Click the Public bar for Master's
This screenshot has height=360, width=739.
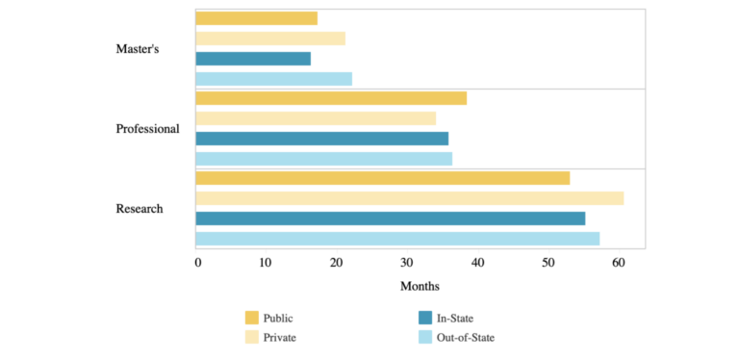coord(256,18)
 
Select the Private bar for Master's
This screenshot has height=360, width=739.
coord(270,39)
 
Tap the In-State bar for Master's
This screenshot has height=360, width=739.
coord(253,59)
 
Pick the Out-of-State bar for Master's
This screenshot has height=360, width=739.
coord(274,79)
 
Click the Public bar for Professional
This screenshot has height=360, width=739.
coord(331,98)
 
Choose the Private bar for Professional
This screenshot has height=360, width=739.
coord(316,118)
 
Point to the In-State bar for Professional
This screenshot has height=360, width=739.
coord(322,139)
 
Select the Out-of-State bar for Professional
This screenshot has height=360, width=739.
coord(323,159)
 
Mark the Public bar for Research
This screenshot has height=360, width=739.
coord(383,178)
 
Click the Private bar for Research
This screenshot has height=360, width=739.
coord(410,198)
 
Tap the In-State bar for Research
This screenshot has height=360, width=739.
coord(391,219)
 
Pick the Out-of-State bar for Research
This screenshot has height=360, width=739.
coord(397,239)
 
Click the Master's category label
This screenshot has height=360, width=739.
coord(138,49)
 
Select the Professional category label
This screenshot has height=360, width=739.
coord(148,129)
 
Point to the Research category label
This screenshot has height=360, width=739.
coord(140,209)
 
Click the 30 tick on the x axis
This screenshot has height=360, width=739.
coord(407,263)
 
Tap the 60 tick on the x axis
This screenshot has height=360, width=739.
coord(619,263)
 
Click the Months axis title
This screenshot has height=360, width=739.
coord(420,286)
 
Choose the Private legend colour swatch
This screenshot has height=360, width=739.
coord(252,338)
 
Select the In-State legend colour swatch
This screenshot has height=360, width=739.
coord(425,318)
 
